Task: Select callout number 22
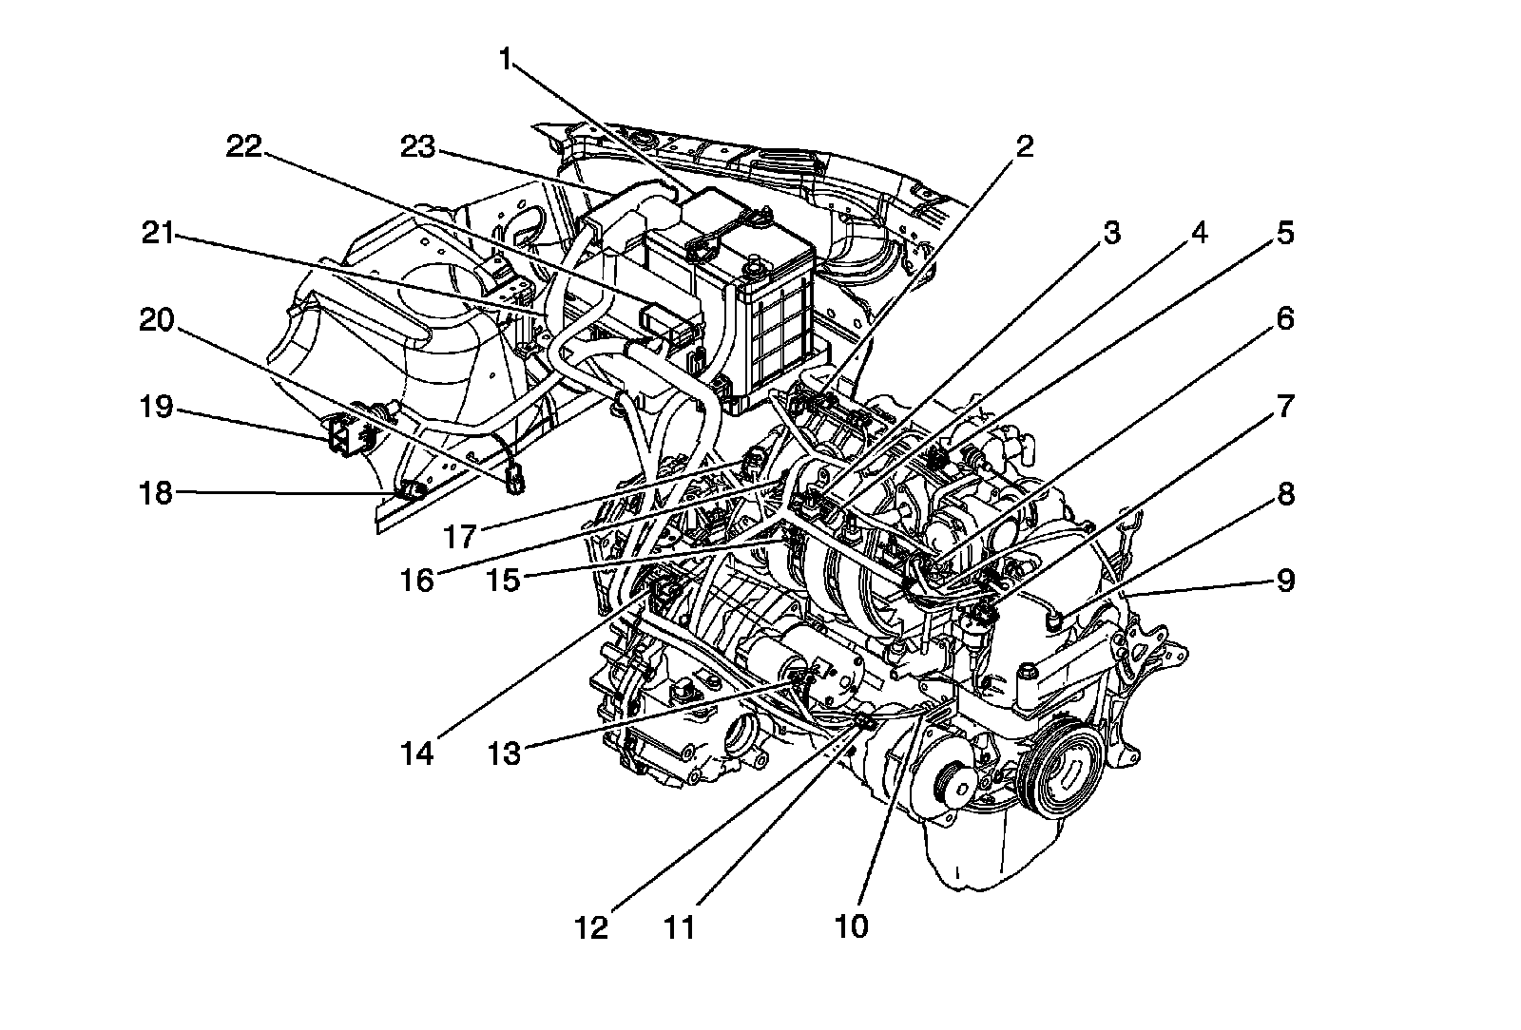coord(243,147)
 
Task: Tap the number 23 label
coord(417,147)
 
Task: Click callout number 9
coord(1285,580)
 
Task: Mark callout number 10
coord(853,925)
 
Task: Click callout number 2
coord(1024,147)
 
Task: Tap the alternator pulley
coord(951,787)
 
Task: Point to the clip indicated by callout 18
coord(413,490)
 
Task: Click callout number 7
coord(1285,407)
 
